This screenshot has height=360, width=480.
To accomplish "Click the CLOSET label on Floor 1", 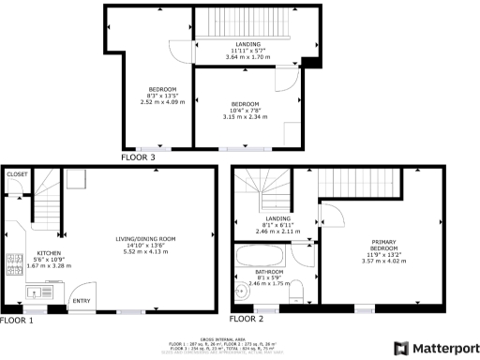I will tap(18, 174).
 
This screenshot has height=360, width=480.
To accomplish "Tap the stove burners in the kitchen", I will tap(13, 262).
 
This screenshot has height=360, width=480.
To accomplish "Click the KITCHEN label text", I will tap(49, 253).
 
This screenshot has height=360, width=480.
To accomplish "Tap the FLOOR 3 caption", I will tap(139, 157).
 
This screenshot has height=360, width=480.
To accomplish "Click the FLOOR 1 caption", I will tap(17, 320).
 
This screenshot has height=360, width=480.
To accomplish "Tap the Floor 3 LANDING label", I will tap(247, 44).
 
